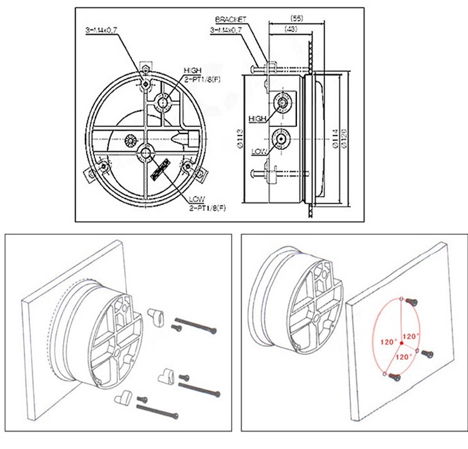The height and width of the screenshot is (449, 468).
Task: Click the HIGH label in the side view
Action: [257, 117]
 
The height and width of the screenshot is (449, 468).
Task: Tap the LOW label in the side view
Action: [258, 151]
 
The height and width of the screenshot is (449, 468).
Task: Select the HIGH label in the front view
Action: [192, 69]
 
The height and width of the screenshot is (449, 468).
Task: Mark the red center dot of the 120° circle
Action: [401, 342]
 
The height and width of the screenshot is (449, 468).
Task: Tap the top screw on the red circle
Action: [410, 301]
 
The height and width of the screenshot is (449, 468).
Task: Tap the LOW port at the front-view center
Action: [147, 150]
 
